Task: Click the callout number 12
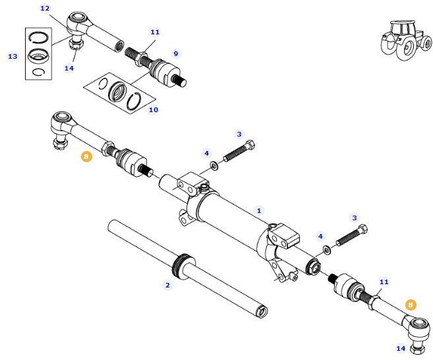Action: pyautogui.click(x=45, y=9)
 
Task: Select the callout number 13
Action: pyautogui.click(x=13, y=57)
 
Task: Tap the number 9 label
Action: pyautogui.click(x=175, y=53)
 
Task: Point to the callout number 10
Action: pyautogui.click(x=153, y=109)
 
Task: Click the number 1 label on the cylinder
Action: pyautogui.click(x=259, y=211)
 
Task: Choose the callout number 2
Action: pyautogui.click(x=167, y=285)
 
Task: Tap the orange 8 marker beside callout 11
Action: pyautogui.click(x=411, y=305)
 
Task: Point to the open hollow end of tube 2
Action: pyautogui.click(x=262, y=309)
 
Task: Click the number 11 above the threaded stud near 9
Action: pyautogui.click(x=155, y=32)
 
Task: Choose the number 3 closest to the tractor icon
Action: pyautogui.click(x=239, y=134)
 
